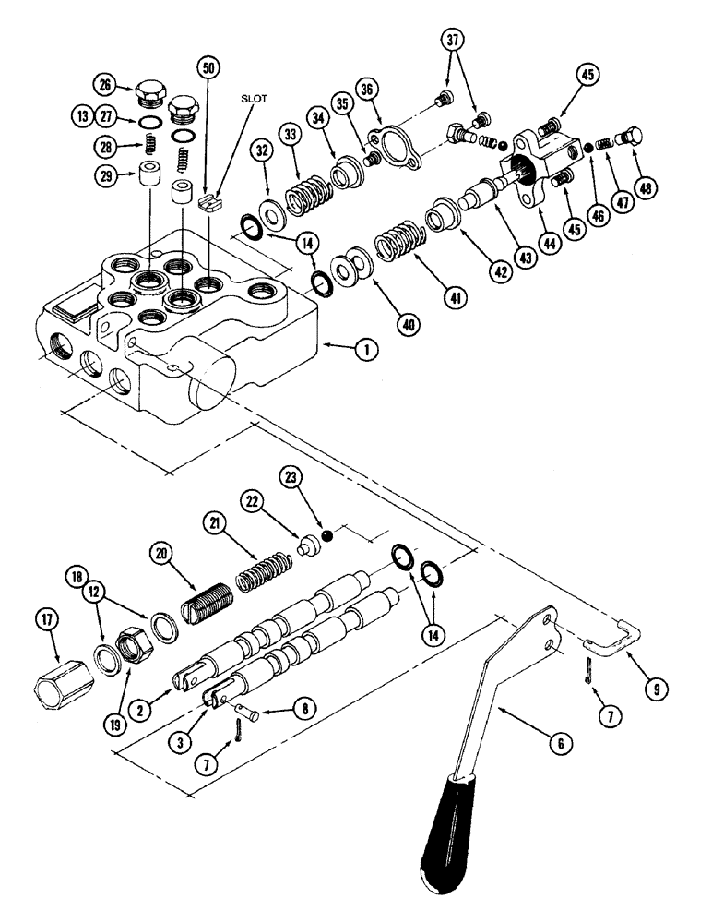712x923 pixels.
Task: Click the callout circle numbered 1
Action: pyautogui.click(x=367, y=349)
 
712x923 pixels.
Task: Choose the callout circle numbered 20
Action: pyautogui.click(x=163, y=554)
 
